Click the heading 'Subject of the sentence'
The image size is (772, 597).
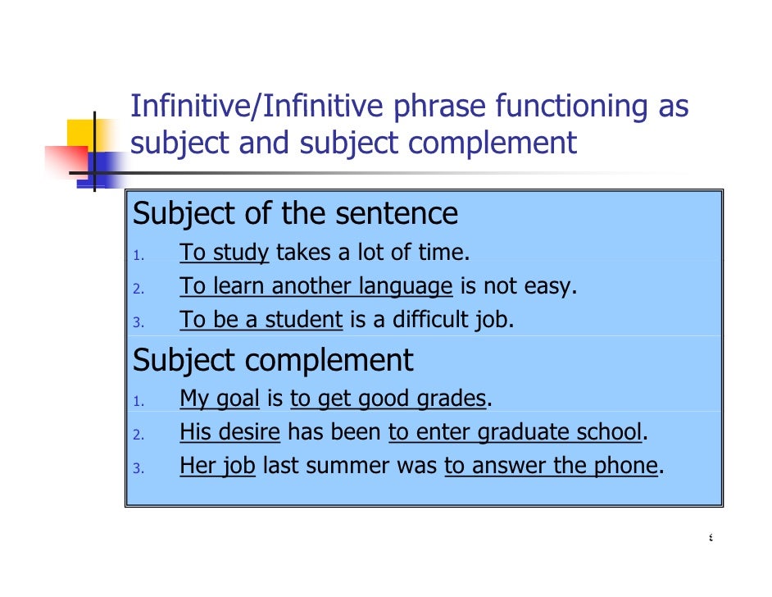(x=295, y=214)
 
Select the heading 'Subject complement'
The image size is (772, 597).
(x=273, y=360)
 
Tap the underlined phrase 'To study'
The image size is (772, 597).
(x=224, y=253)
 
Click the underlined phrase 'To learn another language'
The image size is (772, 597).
(x=316, y=286)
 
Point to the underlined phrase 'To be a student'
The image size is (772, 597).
(x=261, y=320)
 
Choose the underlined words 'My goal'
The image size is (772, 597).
(x=219, y=399)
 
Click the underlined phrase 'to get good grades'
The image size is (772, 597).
(x=388, y=399)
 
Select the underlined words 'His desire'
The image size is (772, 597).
(x=229, y=432)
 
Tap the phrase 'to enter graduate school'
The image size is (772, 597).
(x=514, y=432)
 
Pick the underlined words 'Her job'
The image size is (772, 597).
(x=217, y=466)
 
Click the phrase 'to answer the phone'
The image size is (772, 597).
(x=551, y=466)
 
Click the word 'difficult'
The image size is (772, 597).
(x=431, y=320)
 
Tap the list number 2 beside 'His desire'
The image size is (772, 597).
(x=139, y=435)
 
